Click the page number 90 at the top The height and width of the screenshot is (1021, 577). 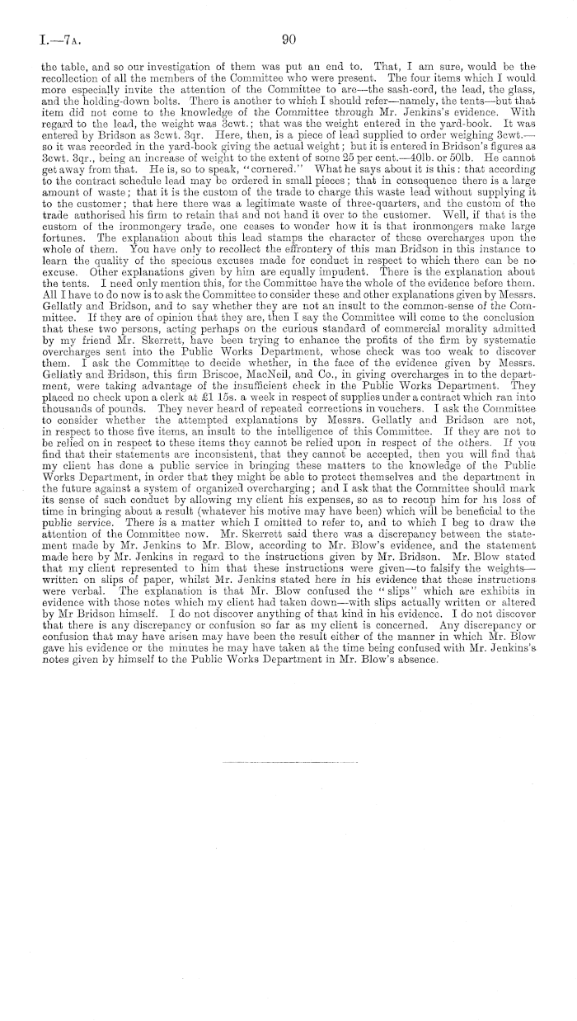[x=288, y=39]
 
